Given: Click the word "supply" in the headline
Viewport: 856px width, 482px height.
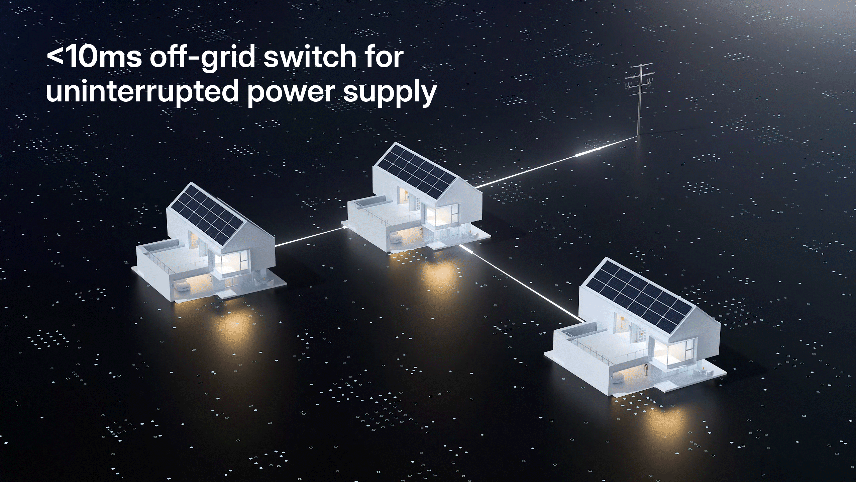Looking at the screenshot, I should click(390, 93).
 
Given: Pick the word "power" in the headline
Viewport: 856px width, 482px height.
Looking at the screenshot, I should click(291, 93).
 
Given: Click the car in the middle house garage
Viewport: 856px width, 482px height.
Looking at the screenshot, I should click(397, 239).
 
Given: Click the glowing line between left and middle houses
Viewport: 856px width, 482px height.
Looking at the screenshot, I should click(309, 236).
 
